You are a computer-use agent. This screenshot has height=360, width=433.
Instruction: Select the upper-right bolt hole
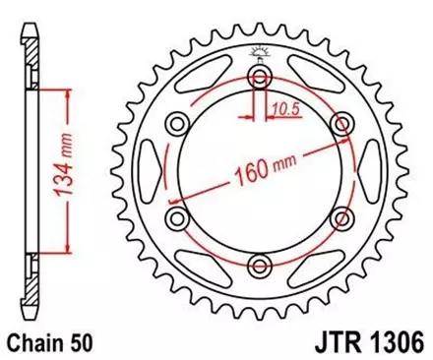pos(342,123)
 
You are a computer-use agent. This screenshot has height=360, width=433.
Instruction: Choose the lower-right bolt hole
pos(342,218)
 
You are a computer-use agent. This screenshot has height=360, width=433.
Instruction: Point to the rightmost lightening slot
pos(364,171)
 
